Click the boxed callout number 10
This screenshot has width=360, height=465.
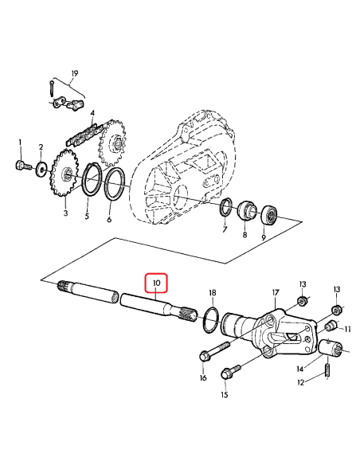[156, 283]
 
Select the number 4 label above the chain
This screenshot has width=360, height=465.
[92, 114]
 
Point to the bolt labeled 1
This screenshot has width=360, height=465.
[21, 166]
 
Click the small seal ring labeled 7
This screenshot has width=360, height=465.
[227, 209]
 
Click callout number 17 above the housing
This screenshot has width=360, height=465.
[276, 293]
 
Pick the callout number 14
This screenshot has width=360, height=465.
[300, 369]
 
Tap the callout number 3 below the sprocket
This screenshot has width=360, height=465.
[65, 213]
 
